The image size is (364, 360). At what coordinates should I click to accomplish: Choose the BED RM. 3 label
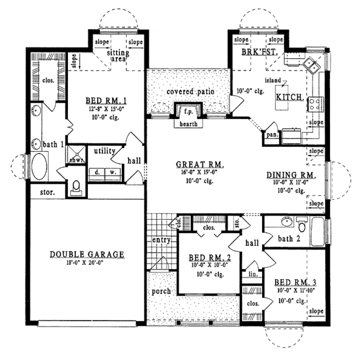[294, 283]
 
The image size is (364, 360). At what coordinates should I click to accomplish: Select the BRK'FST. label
[260, 53]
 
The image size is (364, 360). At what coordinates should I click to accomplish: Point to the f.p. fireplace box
[184, 112]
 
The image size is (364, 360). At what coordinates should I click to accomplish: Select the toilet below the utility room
[76, 186]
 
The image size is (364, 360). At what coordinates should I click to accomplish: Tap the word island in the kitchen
[272, 80]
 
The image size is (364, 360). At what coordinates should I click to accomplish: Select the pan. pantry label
[271, 135]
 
